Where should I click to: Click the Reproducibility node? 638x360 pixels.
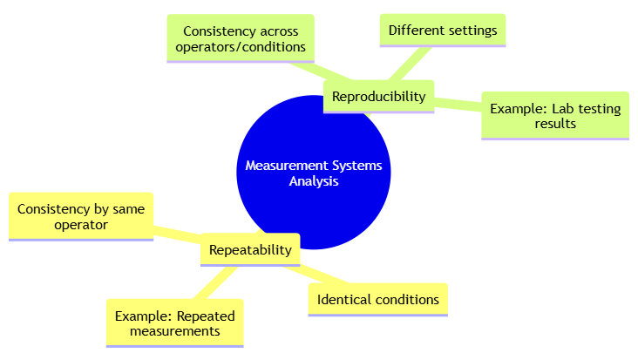(x=378, y=96)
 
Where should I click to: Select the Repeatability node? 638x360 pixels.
(x=250, y=249)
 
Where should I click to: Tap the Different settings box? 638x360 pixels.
(x=443, y=31)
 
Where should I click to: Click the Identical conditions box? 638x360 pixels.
(x=377, y=300)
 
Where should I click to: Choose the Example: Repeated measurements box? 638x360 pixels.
(x=174, y=323)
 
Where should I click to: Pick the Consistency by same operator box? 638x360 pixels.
(x=80, y=216)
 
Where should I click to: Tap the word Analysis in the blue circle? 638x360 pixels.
(x=314, y=182)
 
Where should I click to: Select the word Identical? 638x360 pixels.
(x=343, y=300)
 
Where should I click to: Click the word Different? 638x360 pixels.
(x=415, y=31)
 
